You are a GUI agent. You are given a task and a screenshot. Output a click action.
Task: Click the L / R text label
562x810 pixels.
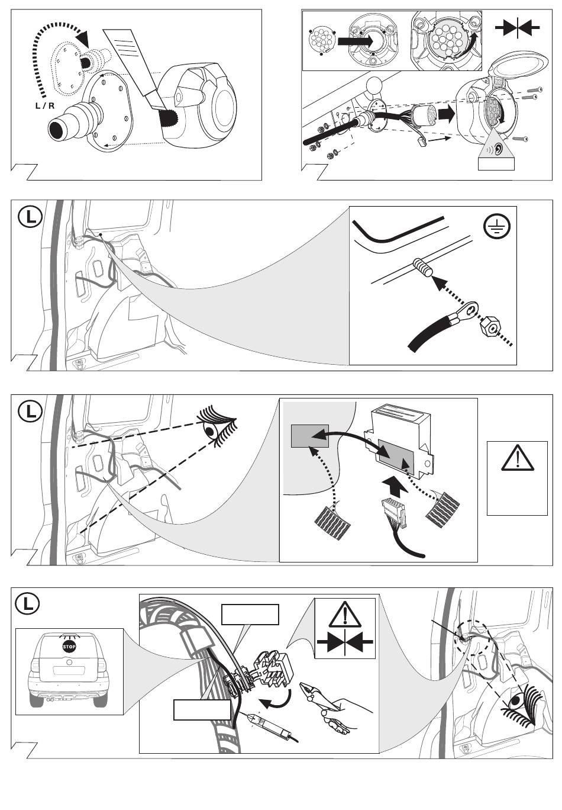coord(44,106)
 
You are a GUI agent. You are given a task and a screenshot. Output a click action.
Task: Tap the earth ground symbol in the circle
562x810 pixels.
coord(497,227)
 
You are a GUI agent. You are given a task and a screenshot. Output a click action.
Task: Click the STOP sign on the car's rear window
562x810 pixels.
coord(69,646)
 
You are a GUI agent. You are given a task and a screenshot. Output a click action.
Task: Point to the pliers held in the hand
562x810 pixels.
coord(329,701)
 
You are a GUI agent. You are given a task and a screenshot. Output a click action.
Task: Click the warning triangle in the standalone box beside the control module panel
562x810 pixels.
coord(517,458)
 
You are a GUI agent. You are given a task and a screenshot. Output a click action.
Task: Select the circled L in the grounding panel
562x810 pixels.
coord(30,217)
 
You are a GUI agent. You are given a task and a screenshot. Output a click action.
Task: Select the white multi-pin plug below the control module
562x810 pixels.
coord(395,512)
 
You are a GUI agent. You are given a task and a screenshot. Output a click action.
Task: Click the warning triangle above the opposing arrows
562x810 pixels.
coord(345,616)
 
